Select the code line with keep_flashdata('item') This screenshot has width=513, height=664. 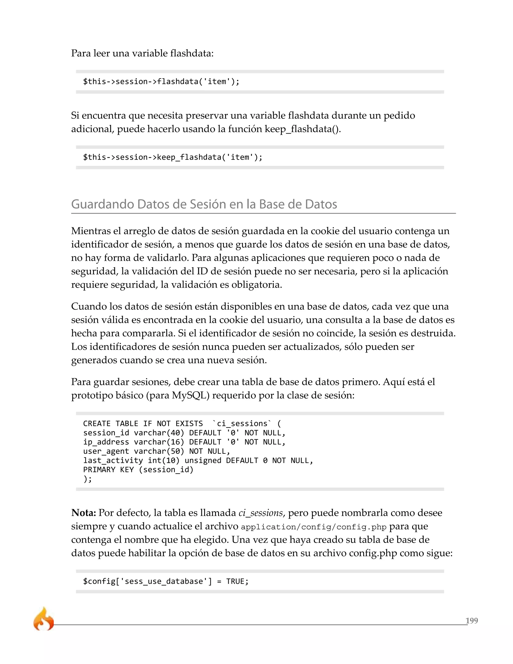coord(172,157)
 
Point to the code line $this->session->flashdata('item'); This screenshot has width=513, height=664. coord(161,81)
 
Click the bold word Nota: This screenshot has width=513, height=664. coord(84,513)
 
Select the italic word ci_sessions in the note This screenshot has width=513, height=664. coord(261,513)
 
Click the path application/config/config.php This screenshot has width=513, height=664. coord(313,527)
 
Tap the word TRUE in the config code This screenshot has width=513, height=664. coord(235,581)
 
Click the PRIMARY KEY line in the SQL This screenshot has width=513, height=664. coord(138,470)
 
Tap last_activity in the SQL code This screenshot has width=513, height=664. coord(113,461)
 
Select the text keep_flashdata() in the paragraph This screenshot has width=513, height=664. coord(302,129)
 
